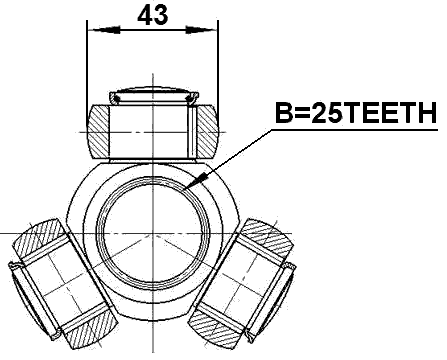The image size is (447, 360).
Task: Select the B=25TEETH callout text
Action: [356, 114]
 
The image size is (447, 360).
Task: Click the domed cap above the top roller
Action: [151, 91]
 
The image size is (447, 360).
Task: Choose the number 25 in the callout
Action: [328, 114]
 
